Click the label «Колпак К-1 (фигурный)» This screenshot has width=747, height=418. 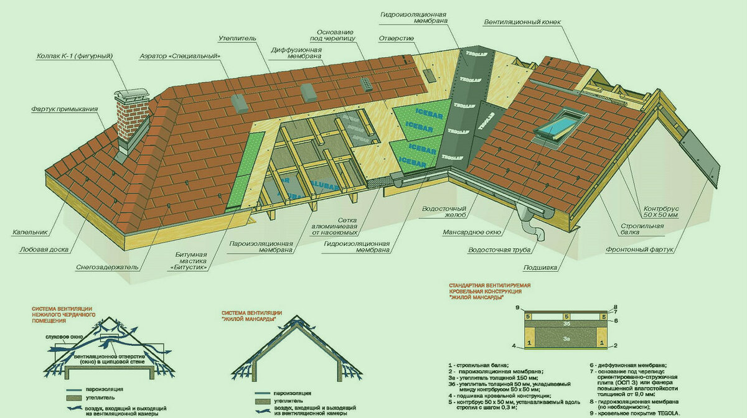pos(74,57)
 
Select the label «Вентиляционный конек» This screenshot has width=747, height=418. pos(522,22)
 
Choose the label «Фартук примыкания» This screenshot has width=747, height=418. pos(64,109)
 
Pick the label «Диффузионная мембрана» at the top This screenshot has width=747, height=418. pos(296,52)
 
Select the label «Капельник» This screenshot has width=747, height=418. pos(30,233)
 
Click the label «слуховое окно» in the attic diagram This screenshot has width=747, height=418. pos(60,337)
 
